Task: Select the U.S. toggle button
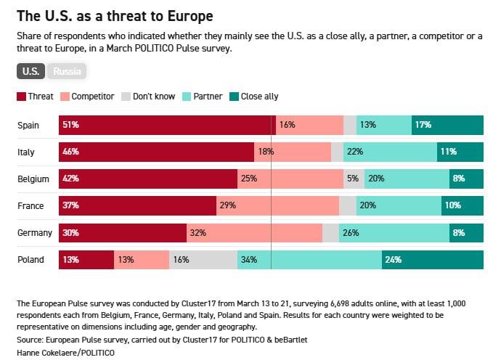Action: tap(30, 71)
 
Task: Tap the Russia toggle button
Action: tap(67, 71)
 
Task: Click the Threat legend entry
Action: tap(35, 96)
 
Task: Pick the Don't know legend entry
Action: tap(149, 96)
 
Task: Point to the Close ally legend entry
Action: tap(254, 96)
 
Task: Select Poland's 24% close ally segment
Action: tap(433, 260)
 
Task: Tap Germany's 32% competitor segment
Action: tap(254, 233)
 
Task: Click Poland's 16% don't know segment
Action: tap(203, 260)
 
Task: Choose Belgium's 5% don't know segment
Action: tap(353, 179)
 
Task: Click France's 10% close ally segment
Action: tap(463, 205)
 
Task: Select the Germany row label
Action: tap(35, 233)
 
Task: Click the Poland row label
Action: tap(31, 260)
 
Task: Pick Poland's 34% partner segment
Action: tap(309, 260)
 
